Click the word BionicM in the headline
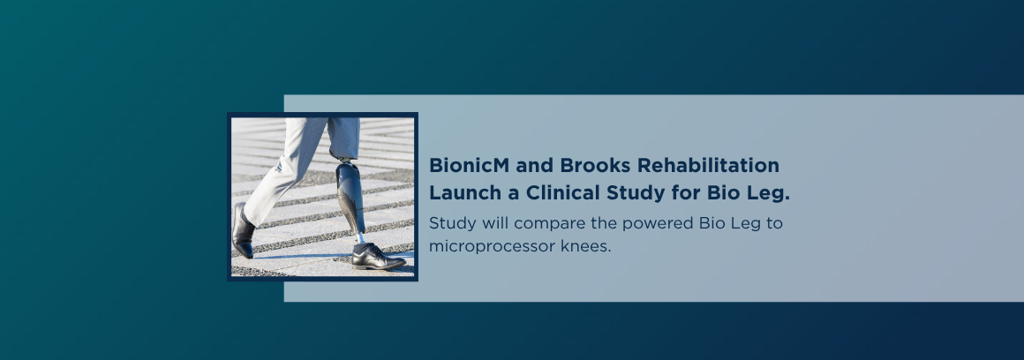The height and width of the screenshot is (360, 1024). click(469, 166)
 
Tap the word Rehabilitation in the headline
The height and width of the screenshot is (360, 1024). click(708, 166)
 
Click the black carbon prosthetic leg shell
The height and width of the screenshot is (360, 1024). click(350, 198)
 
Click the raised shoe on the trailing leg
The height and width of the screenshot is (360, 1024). click(243, 230)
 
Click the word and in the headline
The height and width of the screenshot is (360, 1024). click(534, 166)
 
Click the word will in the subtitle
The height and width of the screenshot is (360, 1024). click(495, 224)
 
